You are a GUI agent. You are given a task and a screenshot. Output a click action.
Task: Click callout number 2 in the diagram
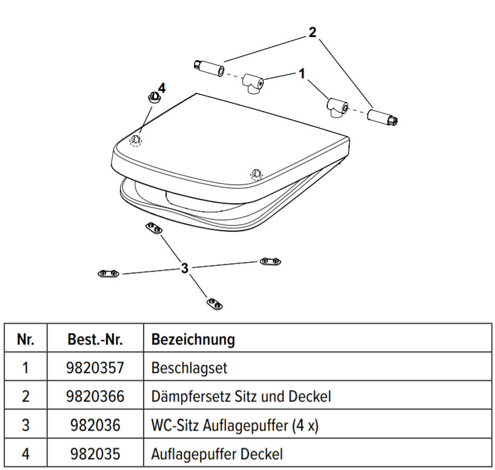pyautogui.click(x=312, y=32)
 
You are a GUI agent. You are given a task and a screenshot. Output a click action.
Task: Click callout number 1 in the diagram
pyautogui.click(x=301, y=73)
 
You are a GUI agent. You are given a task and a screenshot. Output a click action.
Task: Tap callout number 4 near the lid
pyautogui.click(x=161, y=87)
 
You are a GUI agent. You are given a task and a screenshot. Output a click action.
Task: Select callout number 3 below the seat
pyautogui.click(x=185, y=268)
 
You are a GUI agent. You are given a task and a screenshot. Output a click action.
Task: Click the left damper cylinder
pyautogui.click(x=208, y=69)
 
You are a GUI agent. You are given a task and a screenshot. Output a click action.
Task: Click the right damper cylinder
pyautogui.click(x=381, y=118)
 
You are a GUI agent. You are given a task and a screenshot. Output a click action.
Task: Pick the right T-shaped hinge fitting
pyautogui.click(x=336, y=107)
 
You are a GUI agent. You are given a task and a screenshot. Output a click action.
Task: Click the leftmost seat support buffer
pyautogui.click(x=109, y=274)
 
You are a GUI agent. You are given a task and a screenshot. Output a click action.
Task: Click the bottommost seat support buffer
pyautogui.click(x=213, y=303)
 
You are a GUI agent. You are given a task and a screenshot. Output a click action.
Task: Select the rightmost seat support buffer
pyautogui.click(x=270, y=261)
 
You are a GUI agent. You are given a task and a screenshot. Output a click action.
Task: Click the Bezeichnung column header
pyautogui.click(x=193, y=339)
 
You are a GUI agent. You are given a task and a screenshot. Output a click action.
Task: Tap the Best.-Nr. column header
pyautogui.click(x=95, y=339)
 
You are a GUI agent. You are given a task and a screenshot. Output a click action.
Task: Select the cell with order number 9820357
pyautogui.click(x=95, y=368)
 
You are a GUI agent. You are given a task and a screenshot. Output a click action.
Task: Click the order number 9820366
pyautogui.click(x=95, y=397)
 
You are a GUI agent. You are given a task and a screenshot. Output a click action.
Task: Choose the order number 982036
pyautogui.click(x=95, y=425)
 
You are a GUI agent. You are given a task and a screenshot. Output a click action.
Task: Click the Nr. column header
pyautogui.click(x=25, y=339)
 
